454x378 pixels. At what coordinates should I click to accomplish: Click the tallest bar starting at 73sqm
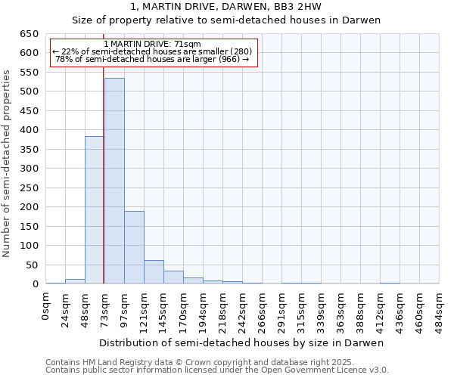pyautogui.click(x=114, y=181)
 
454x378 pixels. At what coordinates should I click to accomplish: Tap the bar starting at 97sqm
pyautogui.click(x=134, y=247)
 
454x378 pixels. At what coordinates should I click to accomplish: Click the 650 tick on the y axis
pyautogui.click(x=29, y=34)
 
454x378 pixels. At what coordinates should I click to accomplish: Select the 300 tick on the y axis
pyautogui.click(x=29, y=169)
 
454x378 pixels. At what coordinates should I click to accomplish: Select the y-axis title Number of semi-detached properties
pyautogui.click(x=8, y=163)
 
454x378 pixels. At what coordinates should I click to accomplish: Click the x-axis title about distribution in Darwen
pyautogui.click(x=242, y=342)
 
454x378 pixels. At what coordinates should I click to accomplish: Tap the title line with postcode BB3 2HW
pyautogui.click(x=226, y=7)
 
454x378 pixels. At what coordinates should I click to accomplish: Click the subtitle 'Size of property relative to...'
pyautogui.click(x=226, y=20)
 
